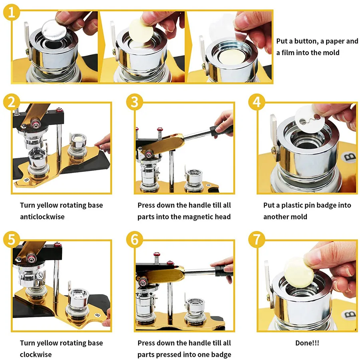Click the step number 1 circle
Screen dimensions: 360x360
[x=11, y=12]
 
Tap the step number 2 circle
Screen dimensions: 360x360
[x=12, y=102]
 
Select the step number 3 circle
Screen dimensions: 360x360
[x=135, y=102]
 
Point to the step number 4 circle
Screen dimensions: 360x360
[x=257, y=102]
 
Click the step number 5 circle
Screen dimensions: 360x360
[x=12, y=239]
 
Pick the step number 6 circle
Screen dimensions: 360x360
[x=135, y=239]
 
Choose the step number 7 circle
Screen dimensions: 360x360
[x=257, y=239]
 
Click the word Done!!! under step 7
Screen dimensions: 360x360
[x=307, y=343]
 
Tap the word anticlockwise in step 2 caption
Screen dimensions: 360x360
[x=42, y=217]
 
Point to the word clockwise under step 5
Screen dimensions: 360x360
[x=36, y=354]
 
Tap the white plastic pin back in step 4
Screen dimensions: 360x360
[x=310, y=119]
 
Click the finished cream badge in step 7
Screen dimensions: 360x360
[x=299, y=272]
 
